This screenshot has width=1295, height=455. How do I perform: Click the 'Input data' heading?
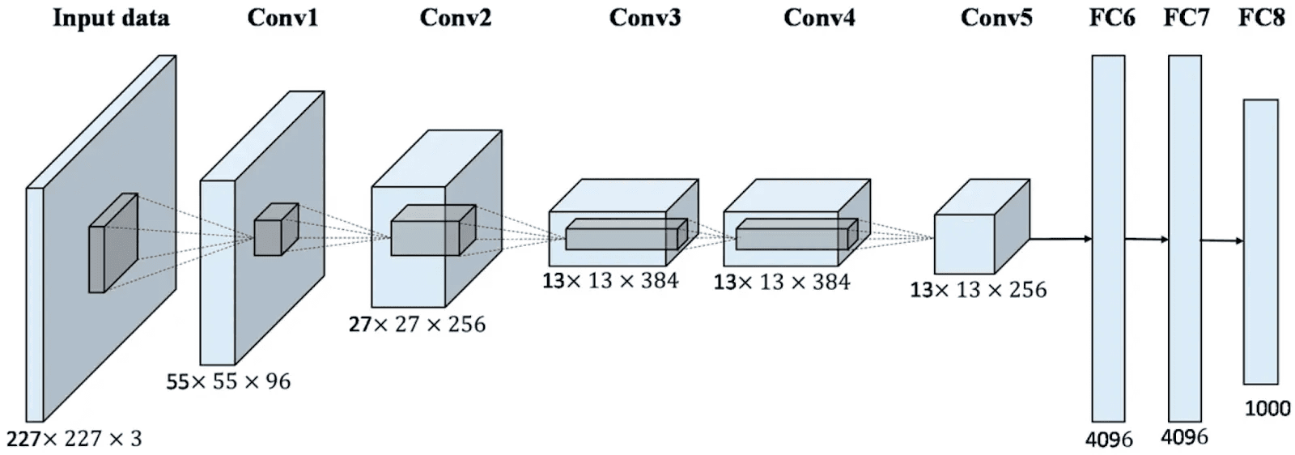point(111,18)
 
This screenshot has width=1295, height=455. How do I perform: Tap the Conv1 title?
point(282,18)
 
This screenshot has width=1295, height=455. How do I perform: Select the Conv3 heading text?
point(644,18)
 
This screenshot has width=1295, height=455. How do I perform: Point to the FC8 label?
point(1261,18)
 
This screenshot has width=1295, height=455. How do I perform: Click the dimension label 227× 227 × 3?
point(74,439)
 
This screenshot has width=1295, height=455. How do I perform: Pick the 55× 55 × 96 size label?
point(228,381)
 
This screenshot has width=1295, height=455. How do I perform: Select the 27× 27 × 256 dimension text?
point(417,325)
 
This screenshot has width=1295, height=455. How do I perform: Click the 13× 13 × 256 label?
point(978,290)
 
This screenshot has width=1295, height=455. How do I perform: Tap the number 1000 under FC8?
point(1267,408)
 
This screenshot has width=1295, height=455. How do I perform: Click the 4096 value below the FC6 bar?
point(1109,440)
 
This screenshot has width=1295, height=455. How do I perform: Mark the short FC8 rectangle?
point(1260,241)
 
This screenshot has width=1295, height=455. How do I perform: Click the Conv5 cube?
point(975,235)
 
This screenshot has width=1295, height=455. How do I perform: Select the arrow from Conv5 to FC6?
point(1060,239)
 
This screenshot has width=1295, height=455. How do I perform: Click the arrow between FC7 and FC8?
point(1221,240)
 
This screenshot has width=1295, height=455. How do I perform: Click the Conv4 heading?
point(818,18)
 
